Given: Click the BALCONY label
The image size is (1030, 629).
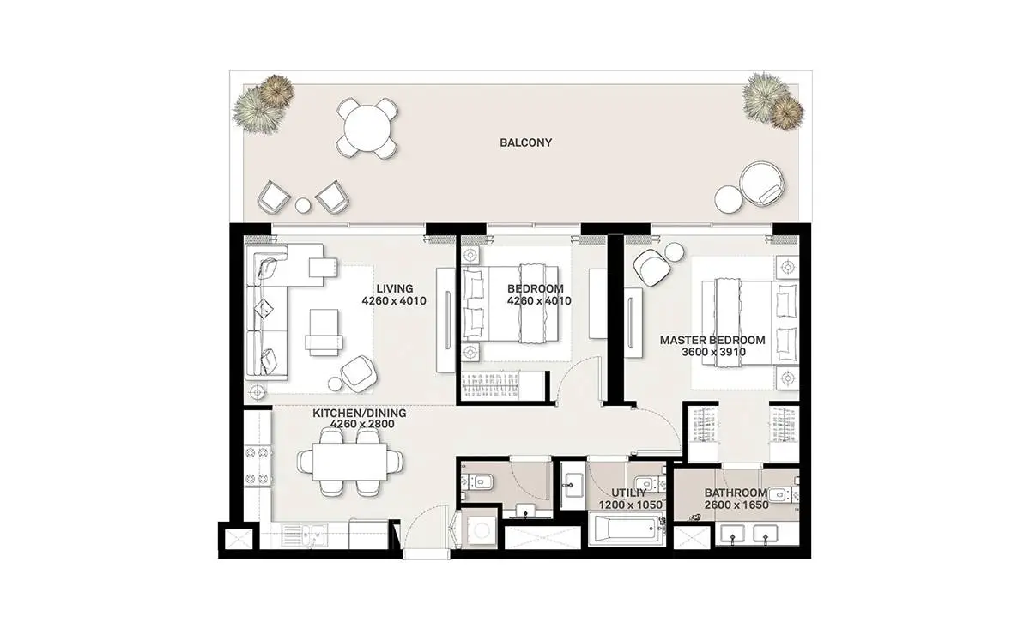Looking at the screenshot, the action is (x=525, y=142).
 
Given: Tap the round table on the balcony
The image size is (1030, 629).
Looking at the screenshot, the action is (x=367, y=127).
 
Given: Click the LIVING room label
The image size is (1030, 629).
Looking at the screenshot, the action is (x=395, y=288).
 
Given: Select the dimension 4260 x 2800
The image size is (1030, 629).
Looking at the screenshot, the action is (x=362, y=424).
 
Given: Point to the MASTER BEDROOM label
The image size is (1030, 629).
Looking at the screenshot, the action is (x=712, y=341).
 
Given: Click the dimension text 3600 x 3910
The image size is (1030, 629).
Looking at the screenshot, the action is (x=713, y=352).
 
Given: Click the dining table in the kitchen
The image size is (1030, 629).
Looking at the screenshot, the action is (x=349, y=461).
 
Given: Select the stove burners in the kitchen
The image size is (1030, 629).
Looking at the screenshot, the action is (x=257, y=466).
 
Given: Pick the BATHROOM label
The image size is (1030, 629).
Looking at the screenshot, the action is (x=736, y=493).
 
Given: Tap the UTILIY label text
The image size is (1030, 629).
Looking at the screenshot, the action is (x=629, y=493).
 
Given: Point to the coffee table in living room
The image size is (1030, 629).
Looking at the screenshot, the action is (x=324, y=332).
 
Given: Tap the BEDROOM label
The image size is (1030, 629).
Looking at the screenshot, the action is (x=536, y=288).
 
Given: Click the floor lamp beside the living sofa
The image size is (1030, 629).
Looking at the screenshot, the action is (x=257, y=392).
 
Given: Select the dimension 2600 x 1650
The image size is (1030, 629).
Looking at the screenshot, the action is (x=736, y=505).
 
